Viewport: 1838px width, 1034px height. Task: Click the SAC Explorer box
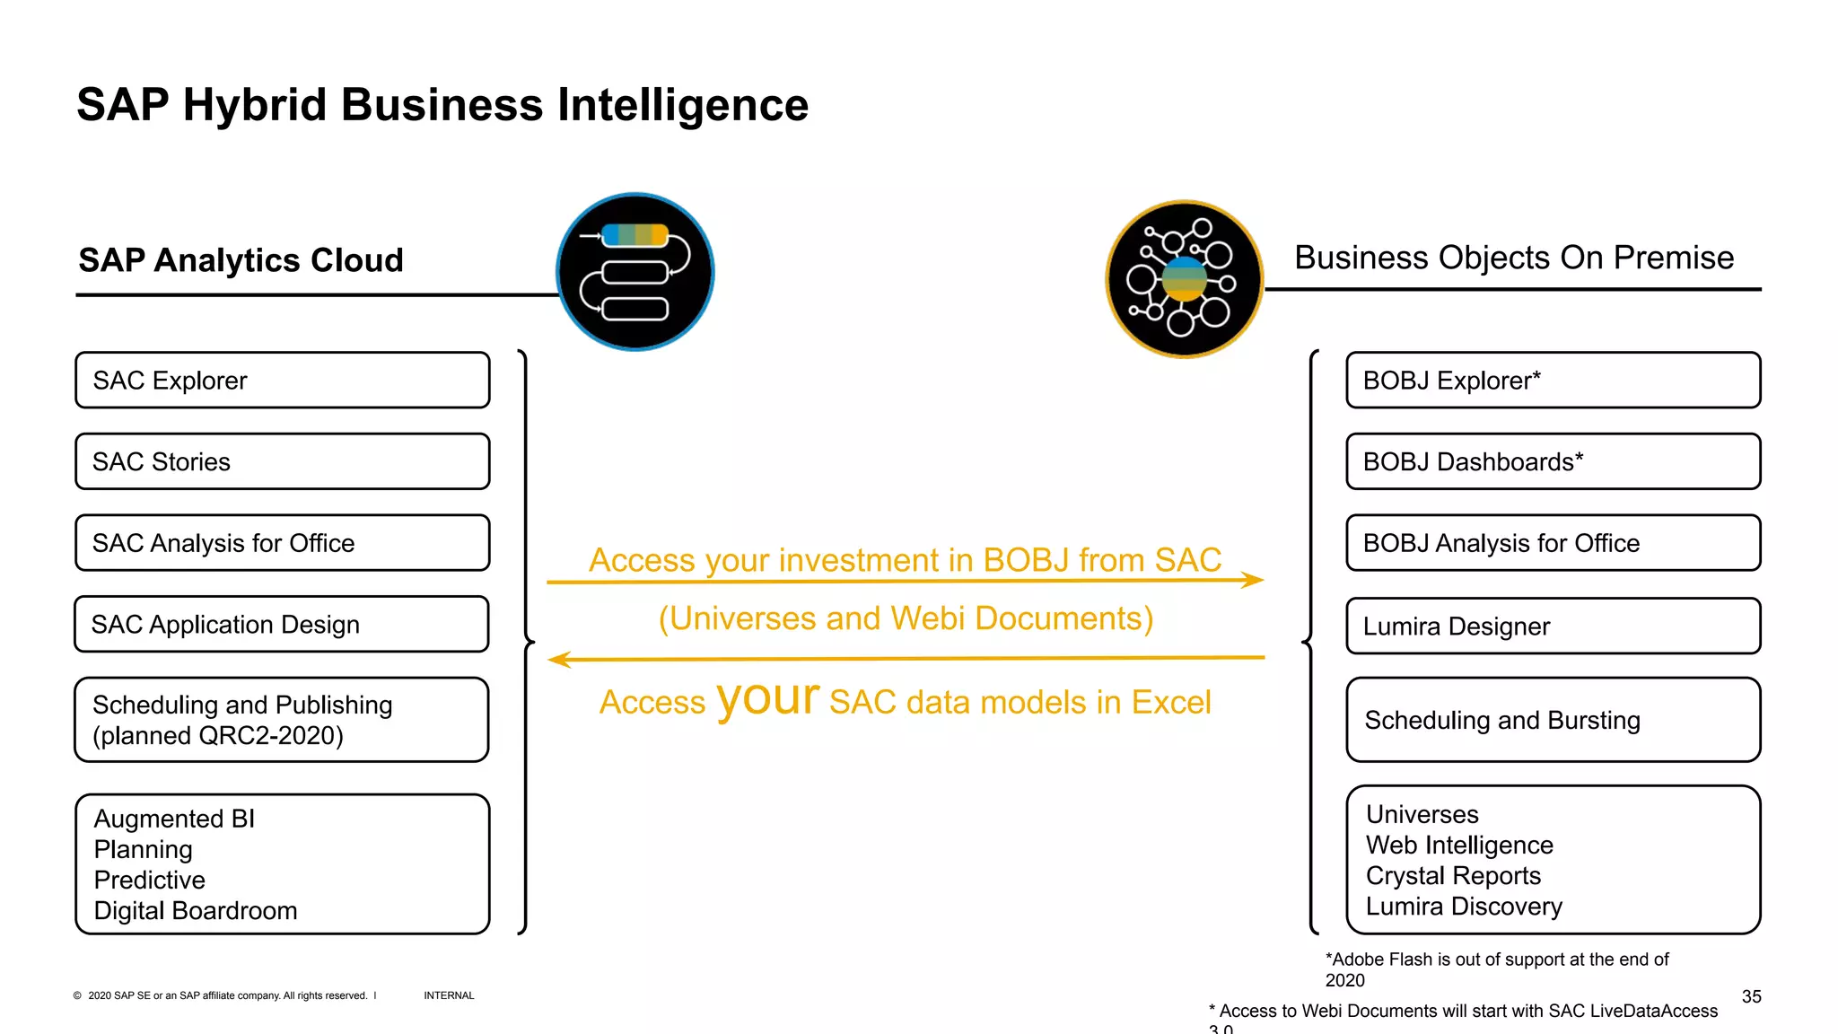(282, 381)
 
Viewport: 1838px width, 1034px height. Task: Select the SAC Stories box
(282, 461)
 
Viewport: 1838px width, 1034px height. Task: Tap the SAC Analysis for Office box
(282, 543)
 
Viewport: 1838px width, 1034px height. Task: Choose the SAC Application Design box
(282, 625)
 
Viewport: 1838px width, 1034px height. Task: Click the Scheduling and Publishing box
(282, 720)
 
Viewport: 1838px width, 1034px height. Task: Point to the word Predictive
(150, 880)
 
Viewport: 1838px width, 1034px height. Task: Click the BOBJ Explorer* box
(1553, 381)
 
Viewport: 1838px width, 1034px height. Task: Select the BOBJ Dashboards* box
(1553, 461)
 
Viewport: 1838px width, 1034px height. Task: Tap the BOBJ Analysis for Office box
(1553, 543)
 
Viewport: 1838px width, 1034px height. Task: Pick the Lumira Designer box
(1553, 626)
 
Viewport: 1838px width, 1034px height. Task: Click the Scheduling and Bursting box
(1553, 720)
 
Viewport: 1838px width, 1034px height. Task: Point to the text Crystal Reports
(1453, 876)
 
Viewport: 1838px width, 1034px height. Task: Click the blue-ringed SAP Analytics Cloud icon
(635, 272)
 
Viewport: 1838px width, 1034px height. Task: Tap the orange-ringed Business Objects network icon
(1185, 279)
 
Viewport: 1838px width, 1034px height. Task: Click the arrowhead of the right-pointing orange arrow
(1255, 581)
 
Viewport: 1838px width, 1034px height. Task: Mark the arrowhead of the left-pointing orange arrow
(558, 660)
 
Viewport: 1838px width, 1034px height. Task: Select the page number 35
(1751, 996)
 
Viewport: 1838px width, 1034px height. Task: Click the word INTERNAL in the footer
(449, 995)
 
